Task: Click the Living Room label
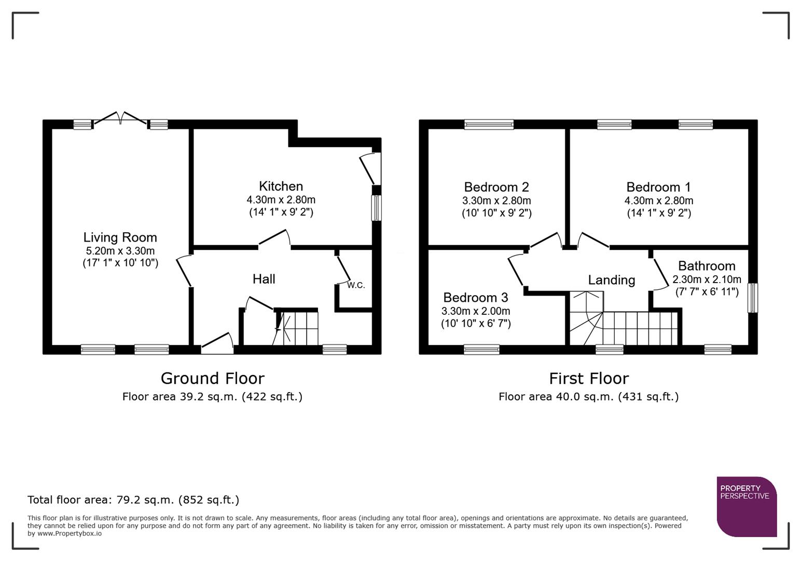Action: point(120,237)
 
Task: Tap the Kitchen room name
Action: point(281,186)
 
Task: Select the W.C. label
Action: point(356,285)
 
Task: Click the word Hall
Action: point(264,279)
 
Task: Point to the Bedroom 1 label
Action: point(658,187)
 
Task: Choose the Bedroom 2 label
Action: point(496,187)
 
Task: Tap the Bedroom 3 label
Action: point(475,298)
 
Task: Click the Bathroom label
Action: point(706,266)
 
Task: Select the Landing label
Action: point(611,280)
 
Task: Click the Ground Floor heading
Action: point(212,378)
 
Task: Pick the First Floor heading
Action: point(588,378)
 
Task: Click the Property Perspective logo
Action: point(746,506)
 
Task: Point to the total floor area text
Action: point(133,500)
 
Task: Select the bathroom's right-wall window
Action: point(752,298)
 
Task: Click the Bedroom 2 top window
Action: point(489,124)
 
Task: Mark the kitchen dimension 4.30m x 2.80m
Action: point(281,200)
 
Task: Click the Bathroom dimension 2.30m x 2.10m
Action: point(706,279)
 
